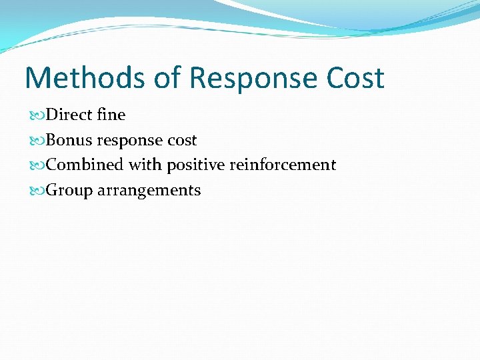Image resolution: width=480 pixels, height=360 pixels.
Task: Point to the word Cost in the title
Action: pos(355,78)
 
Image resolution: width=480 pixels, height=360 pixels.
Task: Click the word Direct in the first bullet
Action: pos(69,115)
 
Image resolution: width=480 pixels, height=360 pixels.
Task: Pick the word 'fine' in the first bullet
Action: pos(111,115)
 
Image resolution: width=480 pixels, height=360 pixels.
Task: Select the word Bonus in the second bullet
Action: pos(69,140)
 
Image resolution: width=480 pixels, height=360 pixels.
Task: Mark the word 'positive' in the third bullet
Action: pos(196,165)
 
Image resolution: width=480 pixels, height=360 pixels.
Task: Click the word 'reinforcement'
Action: pos(283,165)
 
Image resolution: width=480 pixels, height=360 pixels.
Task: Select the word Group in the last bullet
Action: pos(69,191)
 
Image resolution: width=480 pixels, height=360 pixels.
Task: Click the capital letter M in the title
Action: pos(39,78)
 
